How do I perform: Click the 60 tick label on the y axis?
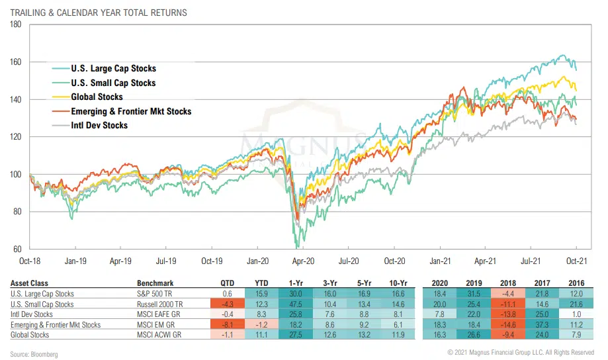[x=17, y=249]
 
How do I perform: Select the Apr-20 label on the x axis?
[x=302, y=261]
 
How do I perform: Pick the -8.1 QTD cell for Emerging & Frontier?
[x=227, y=325]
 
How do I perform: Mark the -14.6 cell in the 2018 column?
[x=511, y=325]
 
